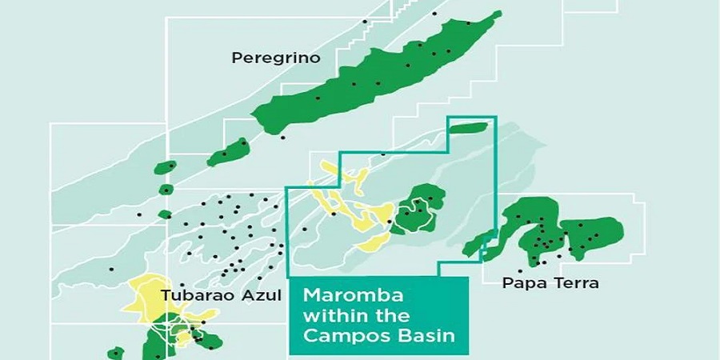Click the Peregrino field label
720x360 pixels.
point(275,58)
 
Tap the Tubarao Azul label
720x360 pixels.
point(222,295)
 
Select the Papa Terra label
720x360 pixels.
point(550,283)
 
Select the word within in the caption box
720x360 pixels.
point(329,315)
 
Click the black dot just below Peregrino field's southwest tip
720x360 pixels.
point(282,138)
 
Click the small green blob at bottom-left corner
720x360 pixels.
point(116,353)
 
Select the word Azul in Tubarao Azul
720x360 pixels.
point(265,295)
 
